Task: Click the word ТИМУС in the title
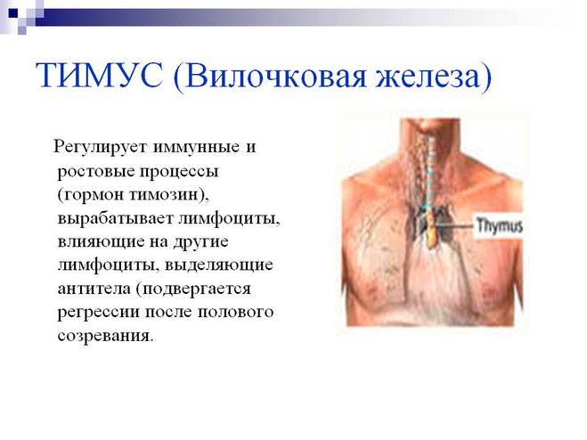[x=99, y=75]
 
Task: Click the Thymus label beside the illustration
[x=499, y=226]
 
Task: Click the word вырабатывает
[x=115, y=219]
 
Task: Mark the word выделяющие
[x=218, y=265]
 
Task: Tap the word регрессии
[x=98, y=313]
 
